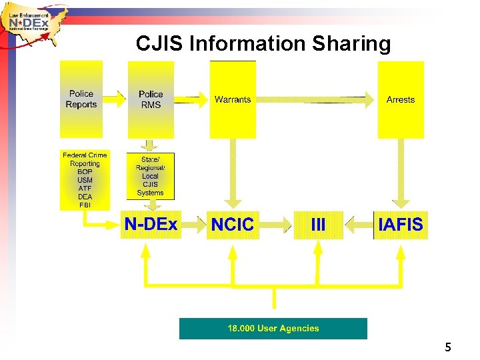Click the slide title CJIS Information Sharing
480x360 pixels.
(263, 44)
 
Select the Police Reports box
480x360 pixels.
(81, 99)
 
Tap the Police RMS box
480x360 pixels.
(151, 100)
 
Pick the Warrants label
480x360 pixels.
(233, 100)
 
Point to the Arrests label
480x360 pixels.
(400, 100)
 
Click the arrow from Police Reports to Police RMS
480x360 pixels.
(115, 99)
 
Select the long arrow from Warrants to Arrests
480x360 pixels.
(314, 100)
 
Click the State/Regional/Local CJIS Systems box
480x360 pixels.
(151, 176)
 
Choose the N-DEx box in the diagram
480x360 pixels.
(151, 225)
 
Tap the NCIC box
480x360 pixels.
(233, 225)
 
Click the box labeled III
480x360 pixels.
(319, 225)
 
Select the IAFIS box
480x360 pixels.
(400, 225)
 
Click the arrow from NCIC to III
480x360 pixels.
(275, 225)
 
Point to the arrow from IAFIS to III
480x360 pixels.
(359, 225)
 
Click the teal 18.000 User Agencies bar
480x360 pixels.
(273, 328)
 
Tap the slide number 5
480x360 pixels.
(448, 347)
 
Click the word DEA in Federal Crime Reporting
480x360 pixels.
(85, 197)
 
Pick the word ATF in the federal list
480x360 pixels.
(85, 189)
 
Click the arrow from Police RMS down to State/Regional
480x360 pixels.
(151, 145)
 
